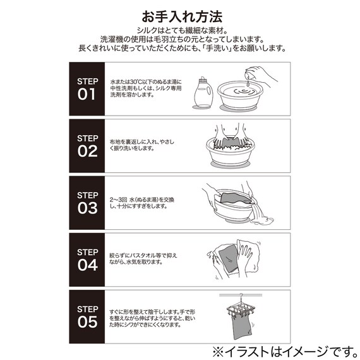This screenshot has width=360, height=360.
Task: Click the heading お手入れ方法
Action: click(179, 15)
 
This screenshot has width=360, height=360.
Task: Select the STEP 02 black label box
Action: click(87, 146)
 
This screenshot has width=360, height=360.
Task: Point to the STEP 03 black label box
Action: click(87, 203)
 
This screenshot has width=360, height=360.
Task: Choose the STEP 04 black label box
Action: click(87, 259)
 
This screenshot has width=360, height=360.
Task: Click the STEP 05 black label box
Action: click(87, 316)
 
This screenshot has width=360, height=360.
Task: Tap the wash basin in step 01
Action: click(242, 100)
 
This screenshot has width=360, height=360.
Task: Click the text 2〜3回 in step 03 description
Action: click(119, 199)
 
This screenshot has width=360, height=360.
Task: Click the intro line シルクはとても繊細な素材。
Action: click(179, 30)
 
